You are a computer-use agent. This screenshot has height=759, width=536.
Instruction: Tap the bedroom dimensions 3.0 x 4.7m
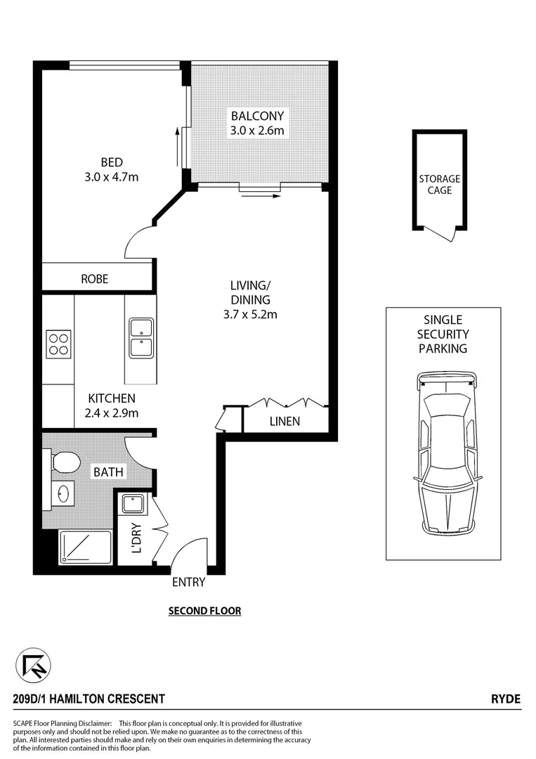point(112,177)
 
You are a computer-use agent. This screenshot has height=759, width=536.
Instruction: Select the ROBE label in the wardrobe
point(95,279)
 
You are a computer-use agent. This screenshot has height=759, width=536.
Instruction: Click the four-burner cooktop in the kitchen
point(58,344)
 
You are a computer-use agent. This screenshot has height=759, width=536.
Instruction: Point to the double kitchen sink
point(141,338)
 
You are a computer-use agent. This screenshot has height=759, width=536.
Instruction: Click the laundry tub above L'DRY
point(132,504)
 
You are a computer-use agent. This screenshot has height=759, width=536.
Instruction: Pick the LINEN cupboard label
point(285,422)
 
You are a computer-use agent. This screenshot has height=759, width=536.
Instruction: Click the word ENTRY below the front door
point(188,582)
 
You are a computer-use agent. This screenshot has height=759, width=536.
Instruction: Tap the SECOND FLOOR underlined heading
point(204,611)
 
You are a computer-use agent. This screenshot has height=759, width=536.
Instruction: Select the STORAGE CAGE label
point(440,185)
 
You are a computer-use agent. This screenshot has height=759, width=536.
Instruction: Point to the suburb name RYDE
point(506,699)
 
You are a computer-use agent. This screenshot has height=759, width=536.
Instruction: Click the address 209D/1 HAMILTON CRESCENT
point(89,699)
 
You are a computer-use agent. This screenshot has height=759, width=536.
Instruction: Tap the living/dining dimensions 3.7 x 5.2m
point(249,314)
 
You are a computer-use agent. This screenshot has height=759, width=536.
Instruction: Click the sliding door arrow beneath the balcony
point(259,197)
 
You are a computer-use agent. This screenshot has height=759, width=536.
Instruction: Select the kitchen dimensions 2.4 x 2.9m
point(112,413)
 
